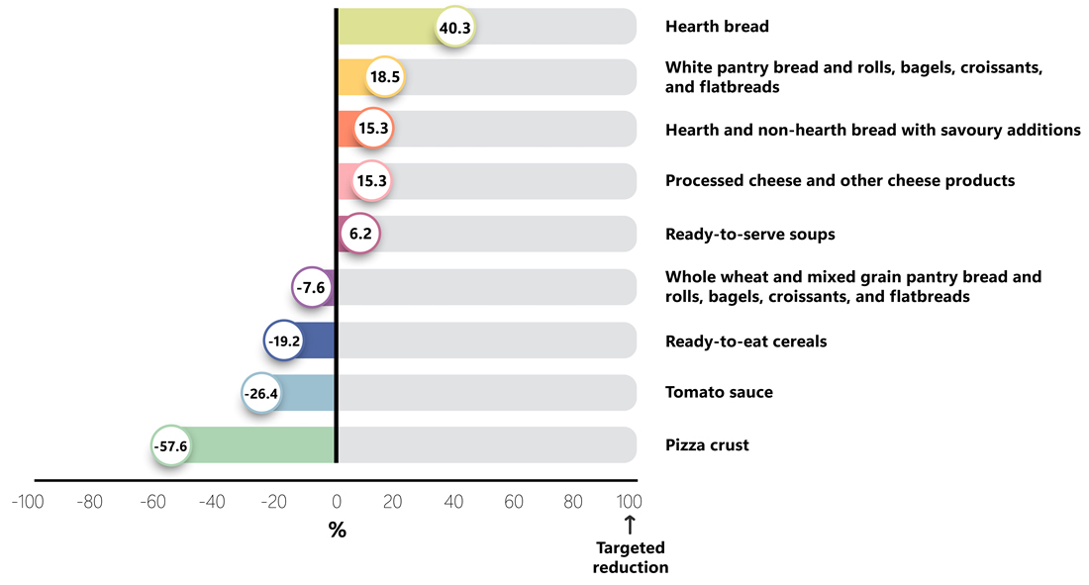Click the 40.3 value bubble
[x=455, y=29]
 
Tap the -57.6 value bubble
[x=171, y=445]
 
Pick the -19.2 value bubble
[x=283, y=341]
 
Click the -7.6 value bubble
[x=312, y=288]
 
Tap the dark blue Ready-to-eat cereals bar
[x=318, y=341]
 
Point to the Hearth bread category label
[x=717, y=27]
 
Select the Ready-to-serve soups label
[x=749, y=235]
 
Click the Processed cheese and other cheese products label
[x=840, y=181]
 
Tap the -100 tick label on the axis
[x=27, y=502]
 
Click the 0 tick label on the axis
[x=337, y=502]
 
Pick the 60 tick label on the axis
[x=514, y=502]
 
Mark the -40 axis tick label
[x=212, y=502]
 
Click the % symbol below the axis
[x=338, y=531]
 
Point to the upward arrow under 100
[x=630, y=525]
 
